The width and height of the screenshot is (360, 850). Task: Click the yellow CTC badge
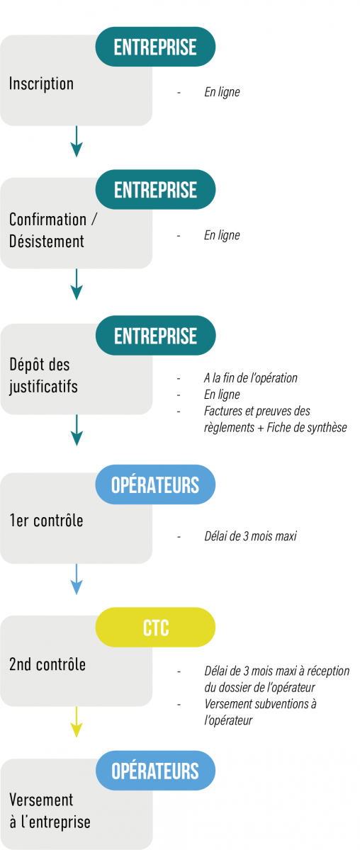(x=155, y=628)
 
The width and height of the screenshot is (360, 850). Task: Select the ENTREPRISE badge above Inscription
(x=155, y=47)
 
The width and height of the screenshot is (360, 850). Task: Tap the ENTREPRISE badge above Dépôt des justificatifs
(x=156, y=336)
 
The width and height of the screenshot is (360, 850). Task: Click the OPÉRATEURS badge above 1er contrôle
(x=155, y=484)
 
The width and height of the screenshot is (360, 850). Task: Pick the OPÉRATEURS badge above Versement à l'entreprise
(x=156, y=771)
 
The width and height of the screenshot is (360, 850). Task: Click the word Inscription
(x=41, y=84)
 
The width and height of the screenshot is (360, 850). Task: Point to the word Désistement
(x=47, y=242)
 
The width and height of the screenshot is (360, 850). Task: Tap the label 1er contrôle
(x=46, y=520)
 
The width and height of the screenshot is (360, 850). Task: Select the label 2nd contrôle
(x=47, y=664)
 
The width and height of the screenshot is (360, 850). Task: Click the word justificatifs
(x=44, y=387)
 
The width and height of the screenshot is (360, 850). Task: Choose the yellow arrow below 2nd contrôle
(x=77, y=722)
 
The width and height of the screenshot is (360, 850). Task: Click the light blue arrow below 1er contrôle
(x=77, y=579)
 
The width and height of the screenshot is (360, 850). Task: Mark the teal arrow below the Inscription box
(x=77, y=141)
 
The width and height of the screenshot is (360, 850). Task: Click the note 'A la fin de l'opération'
(x=251, y=378)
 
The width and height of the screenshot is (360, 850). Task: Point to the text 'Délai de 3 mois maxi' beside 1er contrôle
(x=251, y=536)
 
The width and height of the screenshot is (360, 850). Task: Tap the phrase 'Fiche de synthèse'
(x=307, y=428)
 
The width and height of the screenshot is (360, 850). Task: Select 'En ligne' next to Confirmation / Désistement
(x=222, y=236)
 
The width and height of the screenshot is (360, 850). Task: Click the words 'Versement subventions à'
(x=261, y=704)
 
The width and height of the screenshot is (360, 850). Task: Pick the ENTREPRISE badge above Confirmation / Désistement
(x=156, y=189)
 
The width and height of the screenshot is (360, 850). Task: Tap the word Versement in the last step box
(x=41, y=800)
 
